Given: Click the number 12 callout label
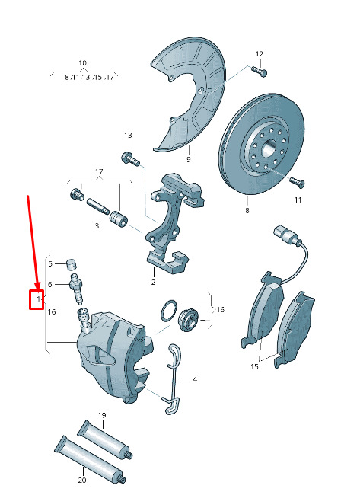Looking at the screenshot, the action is (259, 54).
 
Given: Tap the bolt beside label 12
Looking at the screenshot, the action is (260, 71).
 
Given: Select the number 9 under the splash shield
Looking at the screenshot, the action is (188, 159).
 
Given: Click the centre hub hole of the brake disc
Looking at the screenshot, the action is (269, 148).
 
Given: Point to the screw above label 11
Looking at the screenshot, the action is (297, 181).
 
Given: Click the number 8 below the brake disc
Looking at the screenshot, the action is (247, 210).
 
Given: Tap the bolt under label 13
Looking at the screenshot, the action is (130, 158).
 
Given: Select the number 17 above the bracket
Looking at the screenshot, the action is (99, 171).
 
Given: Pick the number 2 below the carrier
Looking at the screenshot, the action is (153, 282).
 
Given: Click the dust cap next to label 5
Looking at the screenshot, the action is (72, 265).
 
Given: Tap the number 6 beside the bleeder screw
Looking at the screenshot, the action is (49, 285).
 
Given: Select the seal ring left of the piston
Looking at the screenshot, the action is (168, 311).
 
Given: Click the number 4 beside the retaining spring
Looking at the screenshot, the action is (195, 378).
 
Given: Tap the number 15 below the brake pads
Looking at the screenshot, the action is (255, 366).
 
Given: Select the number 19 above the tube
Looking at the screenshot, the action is (102, 415).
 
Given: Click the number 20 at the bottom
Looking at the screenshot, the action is (82, 480).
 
